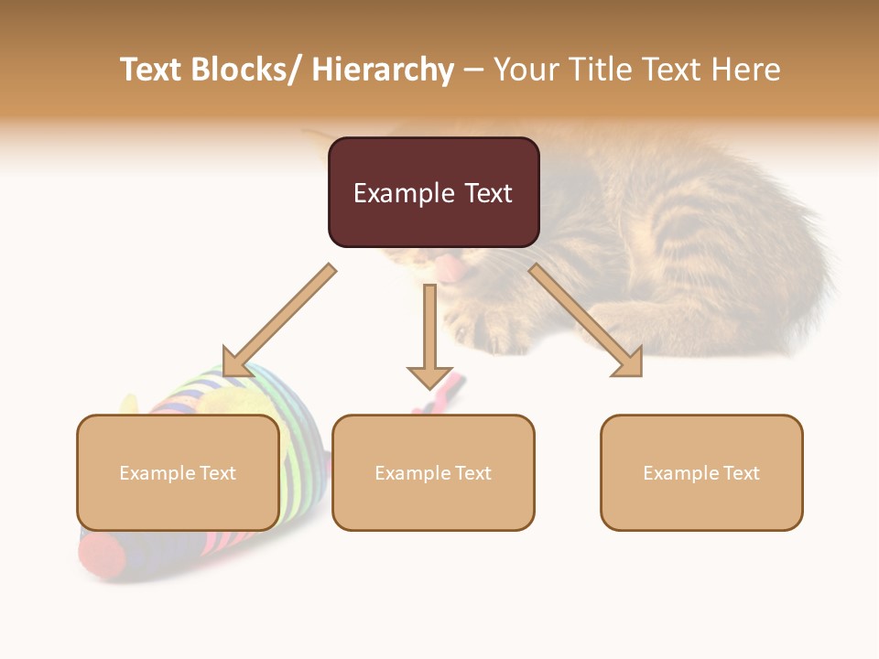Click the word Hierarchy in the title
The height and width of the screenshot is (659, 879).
(383, 70)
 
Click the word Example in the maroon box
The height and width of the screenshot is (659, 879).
(404, 193)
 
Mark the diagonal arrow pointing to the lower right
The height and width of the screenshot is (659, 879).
(586, 320)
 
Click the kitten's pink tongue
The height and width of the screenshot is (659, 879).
(450, 268)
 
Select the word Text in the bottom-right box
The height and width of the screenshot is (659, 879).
(741, 473)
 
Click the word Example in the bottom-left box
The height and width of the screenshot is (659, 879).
(157, 473)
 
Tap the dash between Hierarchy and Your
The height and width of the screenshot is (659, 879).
(472, 70)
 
